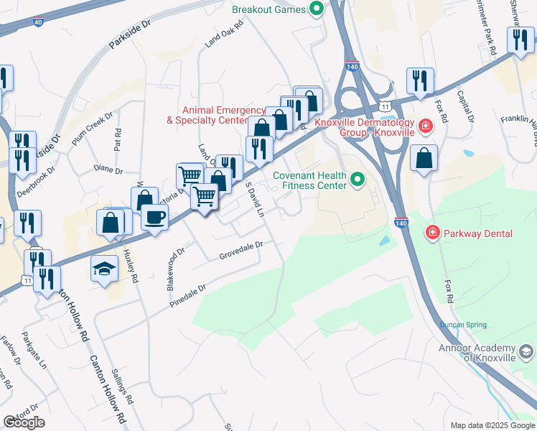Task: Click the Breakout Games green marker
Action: click(316, 10)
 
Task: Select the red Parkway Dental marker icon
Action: click(432, 233)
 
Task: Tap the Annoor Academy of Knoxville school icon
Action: click(526, 351)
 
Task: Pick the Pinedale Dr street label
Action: click(187, 297)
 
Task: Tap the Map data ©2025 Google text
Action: click(492, 425)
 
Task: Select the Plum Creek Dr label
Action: click(93, 126)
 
